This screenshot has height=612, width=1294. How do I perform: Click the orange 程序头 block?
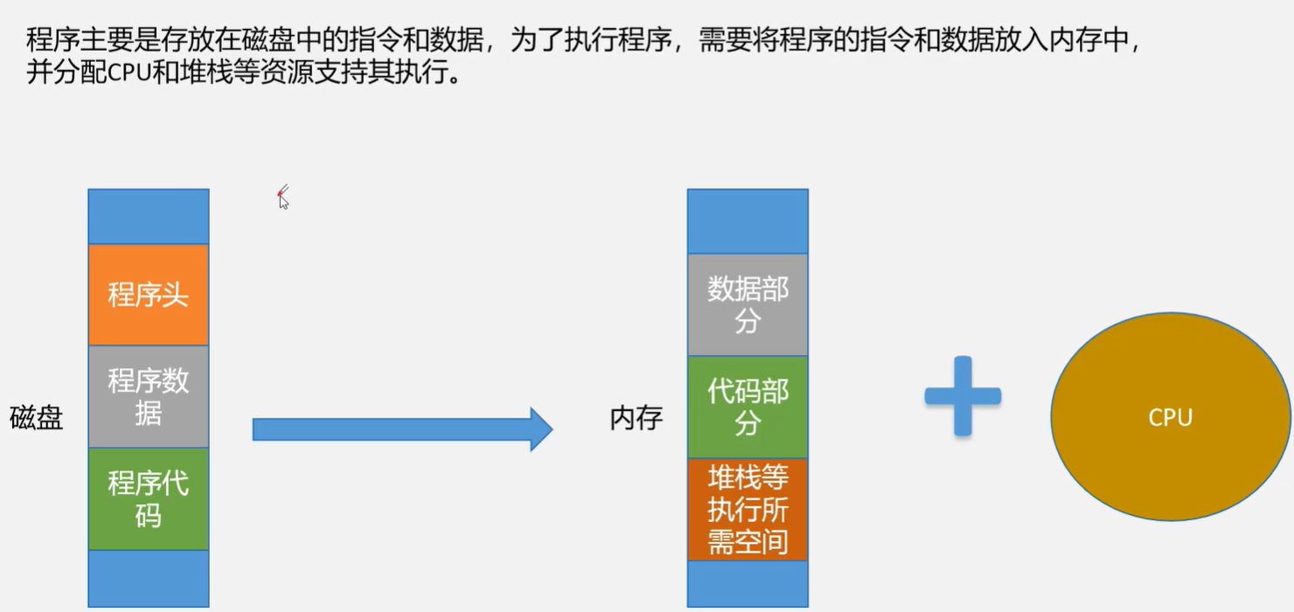[x=149, y=295]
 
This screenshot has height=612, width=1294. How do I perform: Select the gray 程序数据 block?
[x=149, y=396]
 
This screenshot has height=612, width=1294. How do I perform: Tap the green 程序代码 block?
[x=149, y=498]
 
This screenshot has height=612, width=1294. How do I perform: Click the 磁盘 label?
[x=37, y=418]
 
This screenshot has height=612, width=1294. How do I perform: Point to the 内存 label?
[x=636, y=418]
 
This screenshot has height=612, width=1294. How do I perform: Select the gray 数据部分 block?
[x=748, y=305]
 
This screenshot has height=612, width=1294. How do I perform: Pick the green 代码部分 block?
[x=748, y=407]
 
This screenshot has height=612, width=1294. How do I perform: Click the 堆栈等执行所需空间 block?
[x=748, y=510]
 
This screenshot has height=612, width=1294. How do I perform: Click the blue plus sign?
[x=963, y=396]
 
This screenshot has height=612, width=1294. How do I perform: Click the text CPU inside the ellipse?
[x=1170, y=418]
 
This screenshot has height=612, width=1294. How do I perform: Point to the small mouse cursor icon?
[x=282, y=199]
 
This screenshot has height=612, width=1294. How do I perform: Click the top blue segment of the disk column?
[x=149, y=216]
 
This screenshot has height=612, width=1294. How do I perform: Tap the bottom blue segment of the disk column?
[x=149, y=578]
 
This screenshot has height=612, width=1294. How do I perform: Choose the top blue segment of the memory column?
[x=748, y=221]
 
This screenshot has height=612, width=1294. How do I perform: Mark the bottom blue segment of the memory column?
[x=748, y=583]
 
